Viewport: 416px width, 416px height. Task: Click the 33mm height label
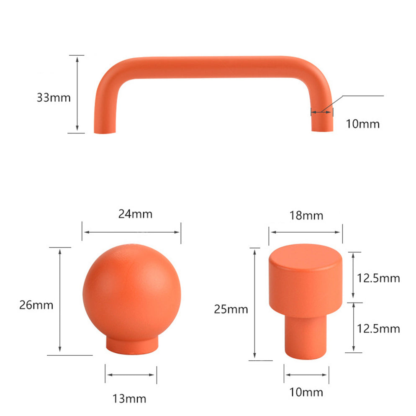pyautogui.click(x=54, y=98)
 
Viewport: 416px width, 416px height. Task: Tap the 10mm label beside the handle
pyautogui.click(x=362, y=124)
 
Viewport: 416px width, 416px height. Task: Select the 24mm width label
pyautogui.click(x=135, y=214)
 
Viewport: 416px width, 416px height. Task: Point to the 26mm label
pyautogui.click(x=36, y=305)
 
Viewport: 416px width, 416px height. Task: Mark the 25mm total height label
pyautogui.click(x=231, y=310)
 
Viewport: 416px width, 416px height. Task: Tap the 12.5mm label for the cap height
pyautogui.click(x=378, y=278)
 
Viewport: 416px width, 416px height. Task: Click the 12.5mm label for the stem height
pyautogui.click(x=378, y=329)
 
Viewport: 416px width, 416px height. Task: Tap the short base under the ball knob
pyautogui.click(x=131, y=346)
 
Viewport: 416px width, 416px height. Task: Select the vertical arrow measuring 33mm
pyautogui.click(x=77, y=94)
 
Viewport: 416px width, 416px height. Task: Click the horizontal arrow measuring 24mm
pyautogui.click(x=131, y=232)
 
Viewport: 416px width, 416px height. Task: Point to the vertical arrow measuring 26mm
pyautogui.click(x=60, y=300)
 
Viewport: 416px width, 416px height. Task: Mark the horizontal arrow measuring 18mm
pyautogui.click(x=306, y=232)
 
